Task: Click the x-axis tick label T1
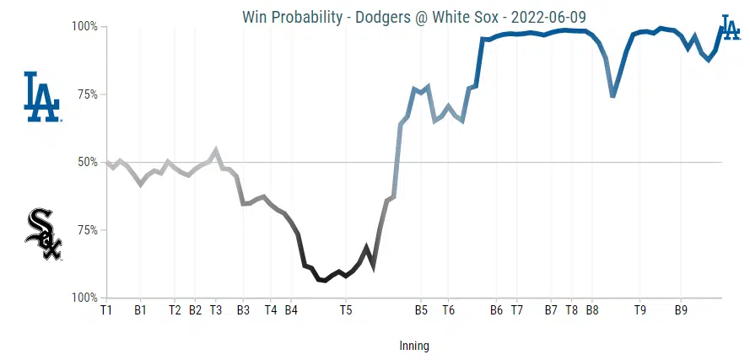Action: click(106, 310)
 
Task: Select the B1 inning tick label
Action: click(141, 310)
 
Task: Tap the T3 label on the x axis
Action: click(215, 310)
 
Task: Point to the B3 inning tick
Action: click(243, 310)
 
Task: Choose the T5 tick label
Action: click(345, 310)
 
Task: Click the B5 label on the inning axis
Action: click(421, 310)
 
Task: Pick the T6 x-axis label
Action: click(448, 310)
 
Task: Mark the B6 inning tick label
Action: click(496, 310)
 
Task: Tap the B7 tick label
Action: click(551, 310)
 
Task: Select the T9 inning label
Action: click(640, 310)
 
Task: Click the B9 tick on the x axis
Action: click(681, 310)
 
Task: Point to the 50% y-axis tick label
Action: click(87, 162)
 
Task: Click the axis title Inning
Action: click(413, 346)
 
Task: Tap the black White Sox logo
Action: click(43, 235)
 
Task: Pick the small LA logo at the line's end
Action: click(731, 27)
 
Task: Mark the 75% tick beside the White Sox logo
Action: click(87, 230)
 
